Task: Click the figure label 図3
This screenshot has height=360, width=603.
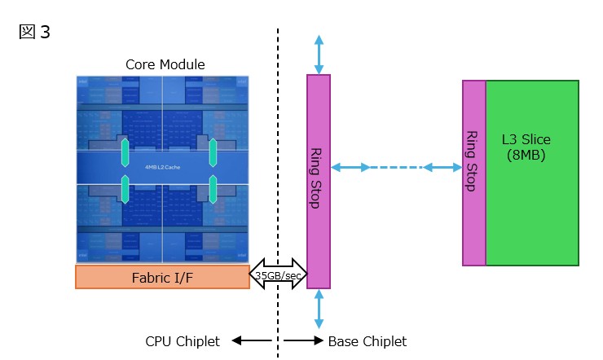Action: [33, 33]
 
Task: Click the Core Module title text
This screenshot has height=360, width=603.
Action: [165, 64]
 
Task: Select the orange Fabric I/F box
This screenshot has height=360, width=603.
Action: [162, 277]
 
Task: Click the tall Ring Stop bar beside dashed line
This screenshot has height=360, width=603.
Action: [318, 181]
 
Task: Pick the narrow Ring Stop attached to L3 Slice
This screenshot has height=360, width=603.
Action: [473, 173]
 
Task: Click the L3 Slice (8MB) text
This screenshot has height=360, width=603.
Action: [526, 147]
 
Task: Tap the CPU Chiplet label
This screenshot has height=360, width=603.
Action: [183, 341]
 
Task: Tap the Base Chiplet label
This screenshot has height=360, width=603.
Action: [367, 341]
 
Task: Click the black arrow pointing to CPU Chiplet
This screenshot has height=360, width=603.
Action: [250, 341]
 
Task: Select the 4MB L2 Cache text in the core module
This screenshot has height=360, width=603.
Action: [161, 167]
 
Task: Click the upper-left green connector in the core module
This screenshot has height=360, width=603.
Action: [125, 151]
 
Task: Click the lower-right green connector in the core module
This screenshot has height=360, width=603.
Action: [212, 188]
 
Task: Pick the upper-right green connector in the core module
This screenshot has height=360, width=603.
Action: [212, 151]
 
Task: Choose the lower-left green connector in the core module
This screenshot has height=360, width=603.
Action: [125, 188]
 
